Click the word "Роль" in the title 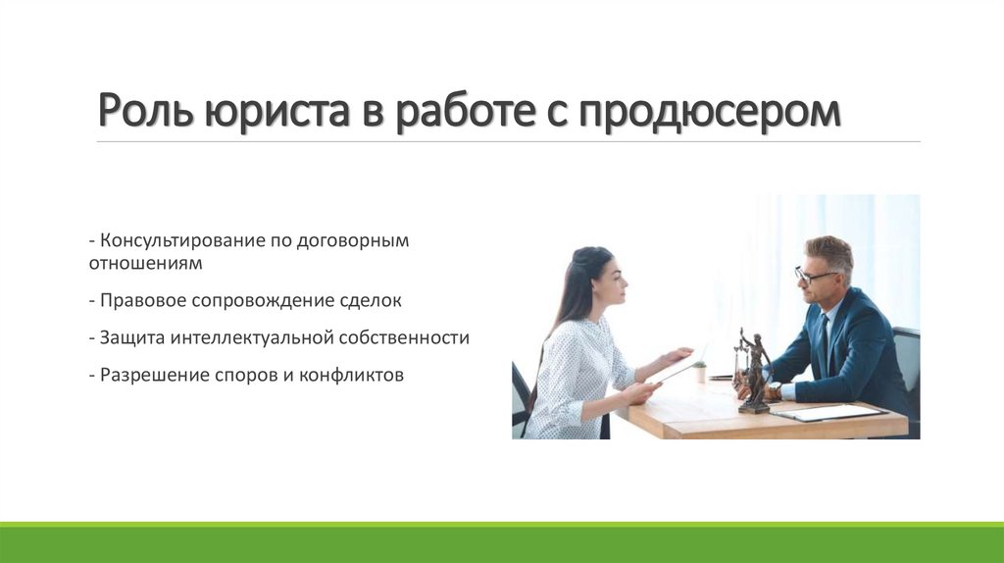(x=146, y=111)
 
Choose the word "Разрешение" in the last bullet (x=155, y=375)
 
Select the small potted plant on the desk (x=700, y=371)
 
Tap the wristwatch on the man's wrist (x=774, y=391)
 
